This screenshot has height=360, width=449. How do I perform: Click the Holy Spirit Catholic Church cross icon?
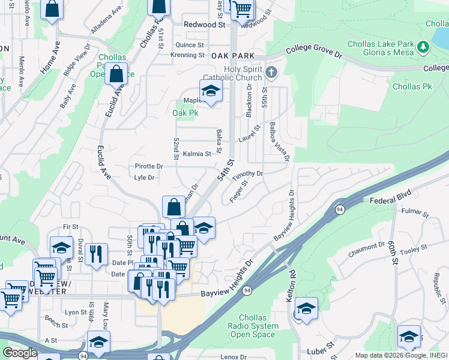(271, 73)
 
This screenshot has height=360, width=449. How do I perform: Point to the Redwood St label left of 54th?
(203, 25)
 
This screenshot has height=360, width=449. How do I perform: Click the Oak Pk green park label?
(185, 112)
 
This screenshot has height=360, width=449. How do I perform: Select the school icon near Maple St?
(211, 91)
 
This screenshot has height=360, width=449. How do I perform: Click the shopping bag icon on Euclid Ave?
(116, 75)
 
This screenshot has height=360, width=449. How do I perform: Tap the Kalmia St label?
(197, 154)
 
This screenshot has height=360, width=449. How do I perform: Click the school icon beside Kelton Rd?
(306, 309)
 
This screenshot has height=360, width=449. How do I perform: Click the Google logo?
(20, 353)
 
